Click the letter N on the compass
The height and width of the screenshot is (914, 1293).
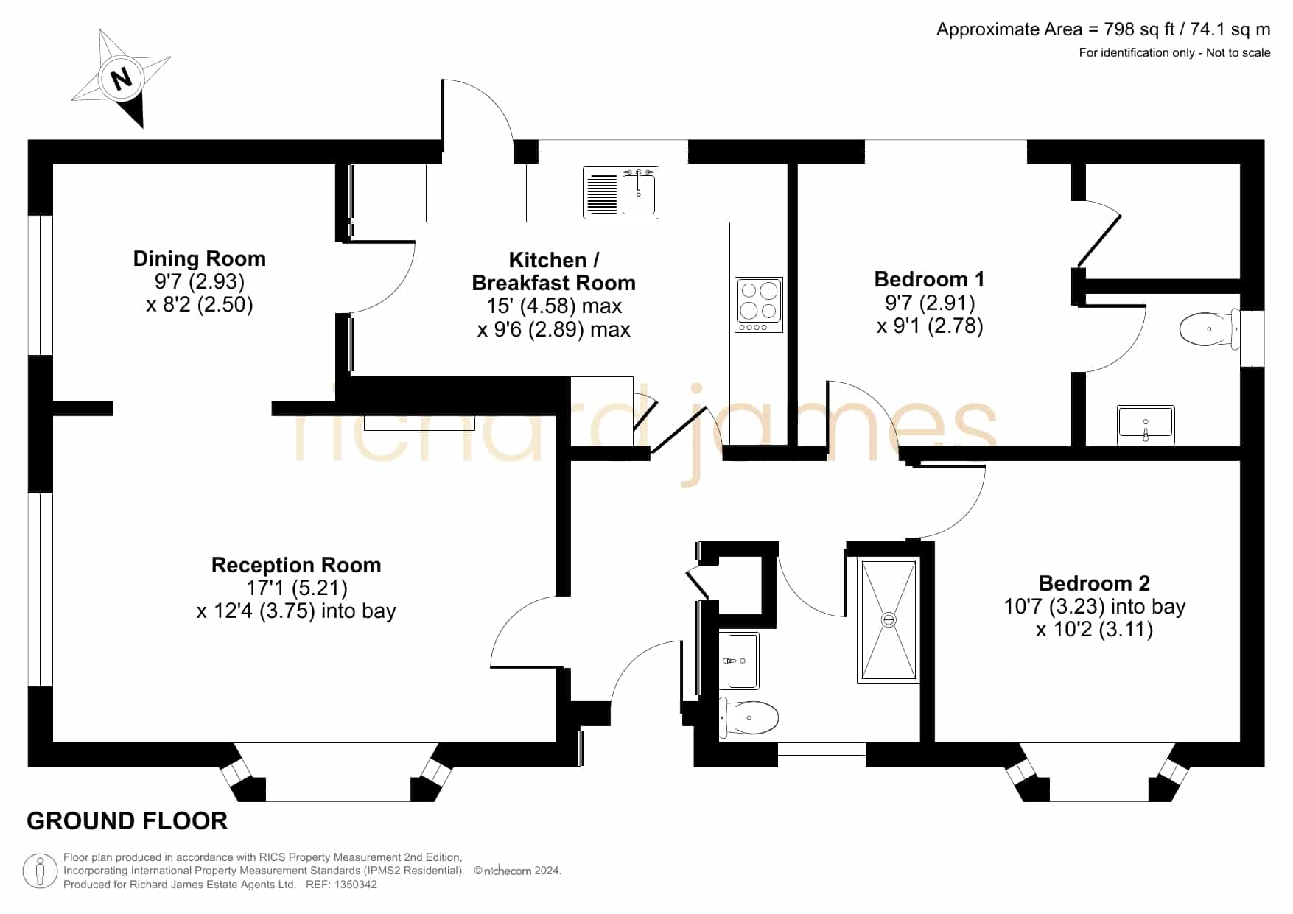click(122, 77)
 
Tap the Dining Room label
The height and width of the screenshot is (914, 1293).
click(199, 259)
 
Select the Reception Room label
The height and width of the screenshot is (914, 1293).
click(296, 565)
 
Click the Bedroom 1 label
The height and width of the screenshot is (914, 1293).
click(929, 279)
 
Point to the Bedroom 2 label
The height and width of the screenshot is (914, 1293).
click(1094, 583)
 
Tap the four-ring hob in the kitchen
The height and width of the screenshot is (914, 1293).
click(758, 305)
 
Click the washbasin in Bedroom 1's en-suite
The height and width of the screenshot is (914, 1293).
click(1146, 425)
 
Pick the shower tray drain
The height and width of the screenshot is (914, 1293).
click(889, 620)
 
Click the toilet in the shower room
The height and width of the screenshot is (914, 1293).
click(749, 717)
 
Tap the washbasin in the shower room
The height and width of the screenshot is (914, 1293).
click(738, 661)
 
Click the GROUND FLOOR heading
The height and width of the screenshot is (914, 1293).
click(127, 821)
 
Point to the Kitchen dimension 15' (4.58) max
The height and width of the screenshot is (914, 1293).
click(554, 306)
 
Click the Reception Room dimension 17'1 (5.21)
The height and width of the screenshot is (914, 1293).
click(297, 588)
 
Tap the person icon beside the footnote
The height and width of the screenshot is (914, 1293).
click(40, 871)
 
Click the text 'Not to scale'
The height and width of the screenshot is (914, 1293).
click(1238, 52)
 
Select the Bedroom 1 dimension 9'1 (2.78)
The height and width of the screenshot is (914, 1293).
click(930, 326)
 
